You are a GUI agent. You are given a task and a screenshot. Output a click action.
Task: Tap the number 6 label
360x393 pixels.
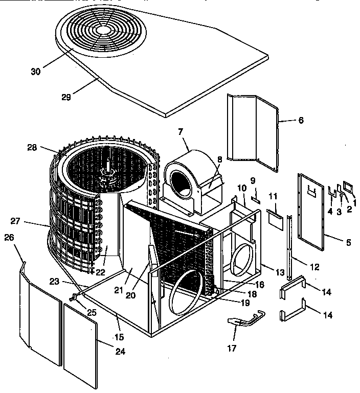[301, 120]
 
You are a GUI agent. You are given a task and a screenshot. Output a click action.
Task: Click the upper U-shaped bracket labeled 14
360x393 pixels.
[292, 286]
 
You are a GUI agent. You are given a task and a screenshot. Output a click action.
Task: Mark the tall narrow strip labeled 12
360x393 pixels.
[291, 240]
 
